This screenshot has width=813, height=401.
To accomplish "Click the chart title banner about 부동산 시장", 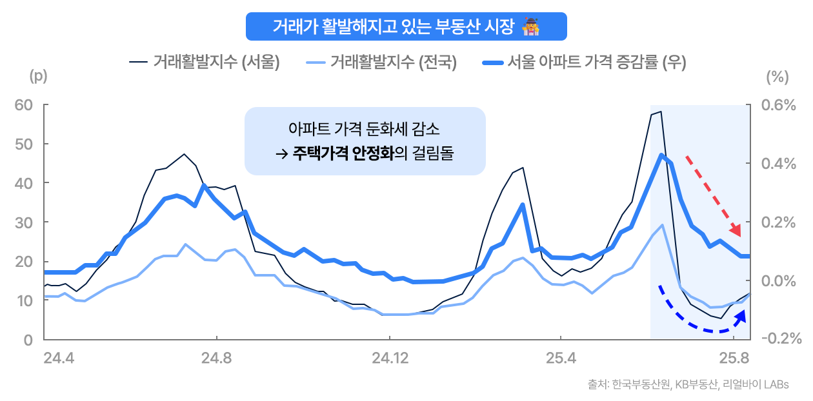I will click(406, 26).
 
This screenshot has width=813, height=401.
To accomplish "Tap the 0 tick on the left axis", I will click(27, 340).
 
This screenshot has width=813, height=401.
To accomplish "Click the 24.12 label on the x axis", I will click(388, 358).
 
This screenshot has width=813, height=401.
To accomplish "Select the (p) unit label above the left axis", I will click(38, 76).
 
